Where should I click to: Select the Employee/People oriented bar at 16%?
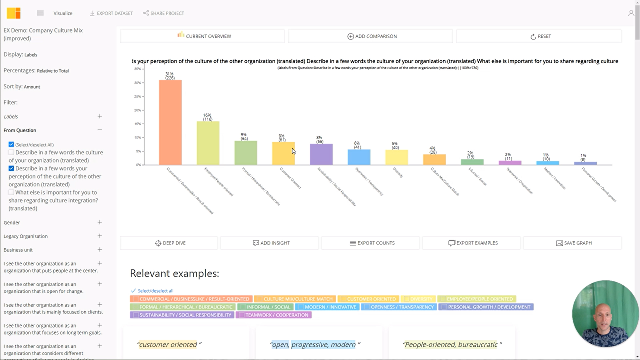point(208,143)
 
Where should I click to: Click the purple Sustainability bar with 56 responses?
point(321,154)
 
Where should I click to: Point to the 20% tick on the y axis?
point(138,110)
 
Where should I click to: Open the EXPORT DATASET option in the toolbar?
point(111,13)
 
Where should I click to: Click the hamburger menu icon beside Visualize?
point(40,13)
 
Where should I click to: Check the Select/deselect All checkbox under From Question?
point(11,144)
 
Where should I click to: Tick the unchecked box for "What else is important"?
point(11,192)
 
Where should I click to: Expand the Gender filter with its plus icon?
point(100,222)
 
